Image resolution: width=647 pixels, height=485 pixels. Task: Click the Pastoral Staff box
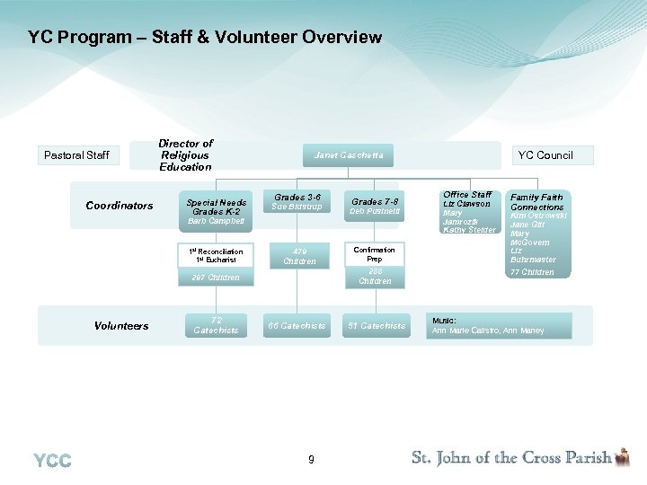coord(76,155)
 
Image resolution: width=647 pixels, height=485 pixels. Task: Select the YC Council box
coord(545,155)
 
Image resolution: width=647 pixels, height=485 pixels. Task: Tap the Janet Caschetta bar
coord(348,155)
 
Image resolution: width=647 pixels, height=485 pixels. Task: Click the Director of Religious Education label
coord(185,155)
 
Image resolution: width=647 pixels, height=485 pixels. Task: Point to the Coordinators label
coord(120,206)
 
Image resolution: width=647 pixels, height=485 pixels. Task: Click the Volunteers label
coord(121,326)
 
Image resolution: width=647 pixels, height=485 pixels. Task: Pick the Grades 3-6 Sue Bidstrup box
coord(297,201)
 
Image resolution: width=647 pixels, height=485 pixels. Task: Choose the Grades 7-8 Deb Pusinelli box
coord(375,206)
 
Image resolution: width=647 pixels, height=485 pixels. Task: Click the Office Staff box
coord(468,212)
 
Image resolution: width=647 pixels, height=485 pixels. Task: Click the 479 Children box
coord(299,256)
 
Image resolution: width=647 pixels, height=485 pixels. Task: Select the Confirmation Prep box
coord(375,254)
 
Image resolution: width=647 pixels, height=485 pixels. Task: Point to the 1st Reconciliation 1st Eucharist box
coord(216,255)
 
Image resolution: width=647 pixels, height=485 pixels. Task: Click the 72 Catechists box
coord(216,325)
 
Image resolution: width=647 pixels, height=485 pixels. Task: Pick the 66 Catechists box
coord(297,325)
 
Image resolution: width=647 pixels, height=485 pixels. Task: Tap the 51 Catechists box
coord(377,325)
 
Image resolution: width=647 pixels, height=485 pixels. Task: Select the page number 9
coord(311,460)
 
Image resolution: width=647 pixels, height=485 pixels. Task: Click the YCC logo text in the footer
coord(52,461)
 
